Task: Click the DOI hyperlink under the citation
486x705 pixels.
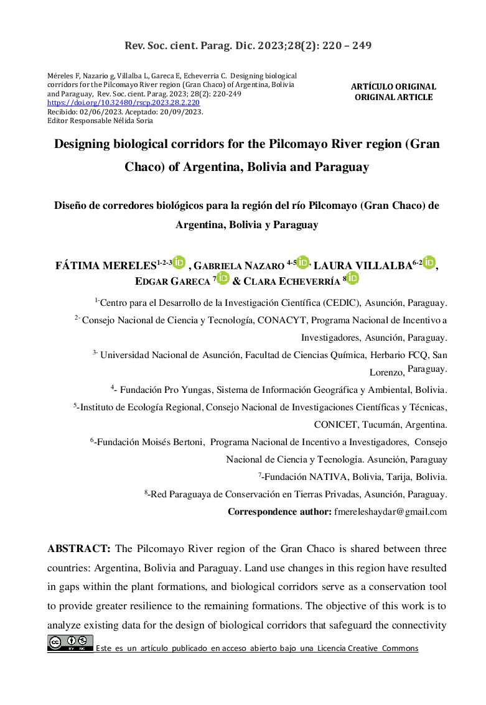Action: [x=123, y=101]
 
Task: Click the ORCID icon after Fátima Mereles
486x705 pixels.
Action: [x=179, y=263]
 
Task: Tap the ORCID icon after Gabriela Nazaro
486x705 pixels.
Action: [x=303, y=263]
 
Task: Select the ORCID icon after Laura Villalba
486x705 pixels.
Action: [x=429, y=263]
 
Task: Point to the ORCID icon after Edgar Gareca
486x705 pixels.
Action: [x=223, y=279]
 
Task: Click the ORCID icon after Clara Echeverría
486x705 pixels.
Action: [x=352, y=279]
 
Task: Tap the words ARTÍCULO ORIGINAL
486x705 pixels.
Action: [x=393, y=87]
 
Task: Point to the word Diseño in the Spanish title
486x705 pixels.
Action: [x=70, y=205]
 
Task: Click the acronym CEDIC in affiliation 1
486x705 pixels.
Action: [x=340, y=303]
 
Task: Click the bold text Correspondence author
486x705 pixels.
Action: [x=279, y=512]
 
